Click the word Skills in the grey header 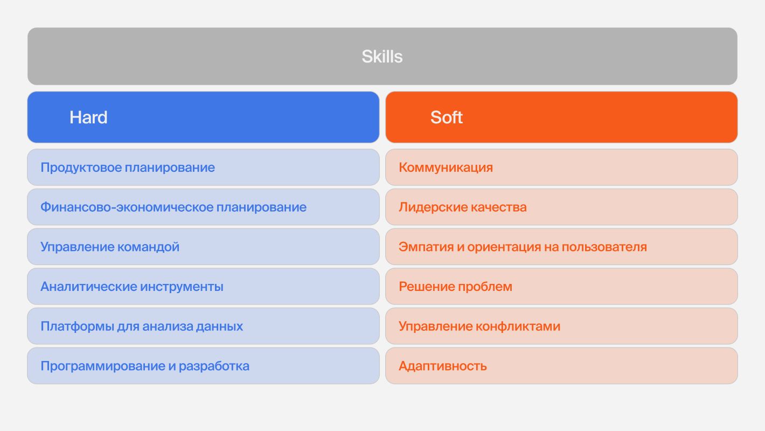pyautogui.click(x=382, y=57)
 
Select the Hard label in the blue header pyautogui.click(x=88, y=117)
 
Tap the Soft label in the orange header pyautogui.click(x=446, y=117)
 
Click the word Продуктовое pyautogui.click(x=81, y=168)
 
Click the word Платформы pyautogui.click(x=76, y=326)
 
